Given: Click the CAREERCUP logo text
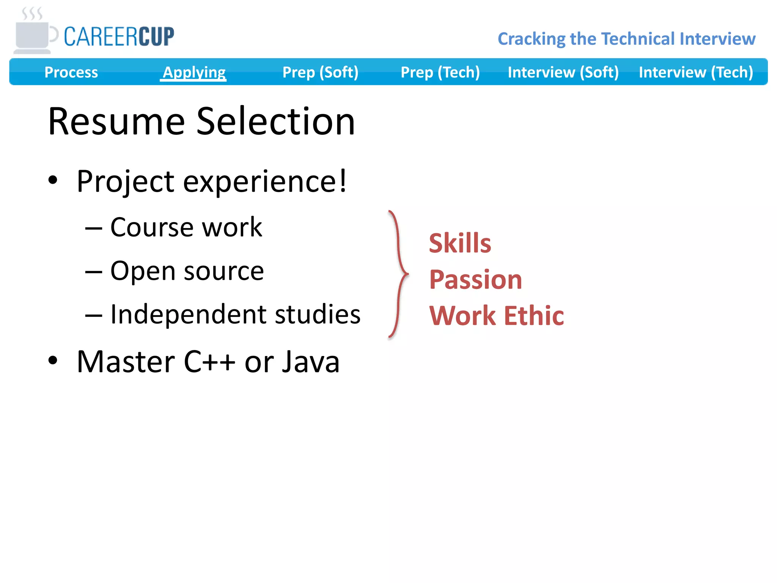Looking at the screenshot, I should (119, 37).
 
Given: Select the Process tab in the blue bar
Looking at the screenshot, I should (71, 72).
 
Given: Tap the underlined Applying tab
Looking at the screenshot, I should (194, 72).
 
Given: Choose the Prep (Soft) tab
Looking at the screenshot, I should (320, 72).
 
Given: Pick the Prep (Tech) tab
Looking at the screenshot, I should (440, 72).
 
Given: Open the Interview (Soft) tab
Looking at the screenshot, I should (563, 72).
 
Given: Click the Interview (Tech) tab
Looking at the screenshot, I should (696, 72).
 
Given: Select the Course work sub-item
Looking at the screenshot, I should (186, 228).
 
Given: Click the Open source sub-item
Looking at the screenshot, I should (187, 271).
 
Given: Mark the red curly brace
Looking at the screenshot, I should (398, 274).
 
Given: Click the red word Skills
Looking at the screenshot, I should (460, 243).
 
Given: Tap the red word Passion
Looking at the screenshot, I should (476, 280).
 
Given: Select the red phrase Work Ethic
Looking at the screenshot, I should (497, 316).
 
